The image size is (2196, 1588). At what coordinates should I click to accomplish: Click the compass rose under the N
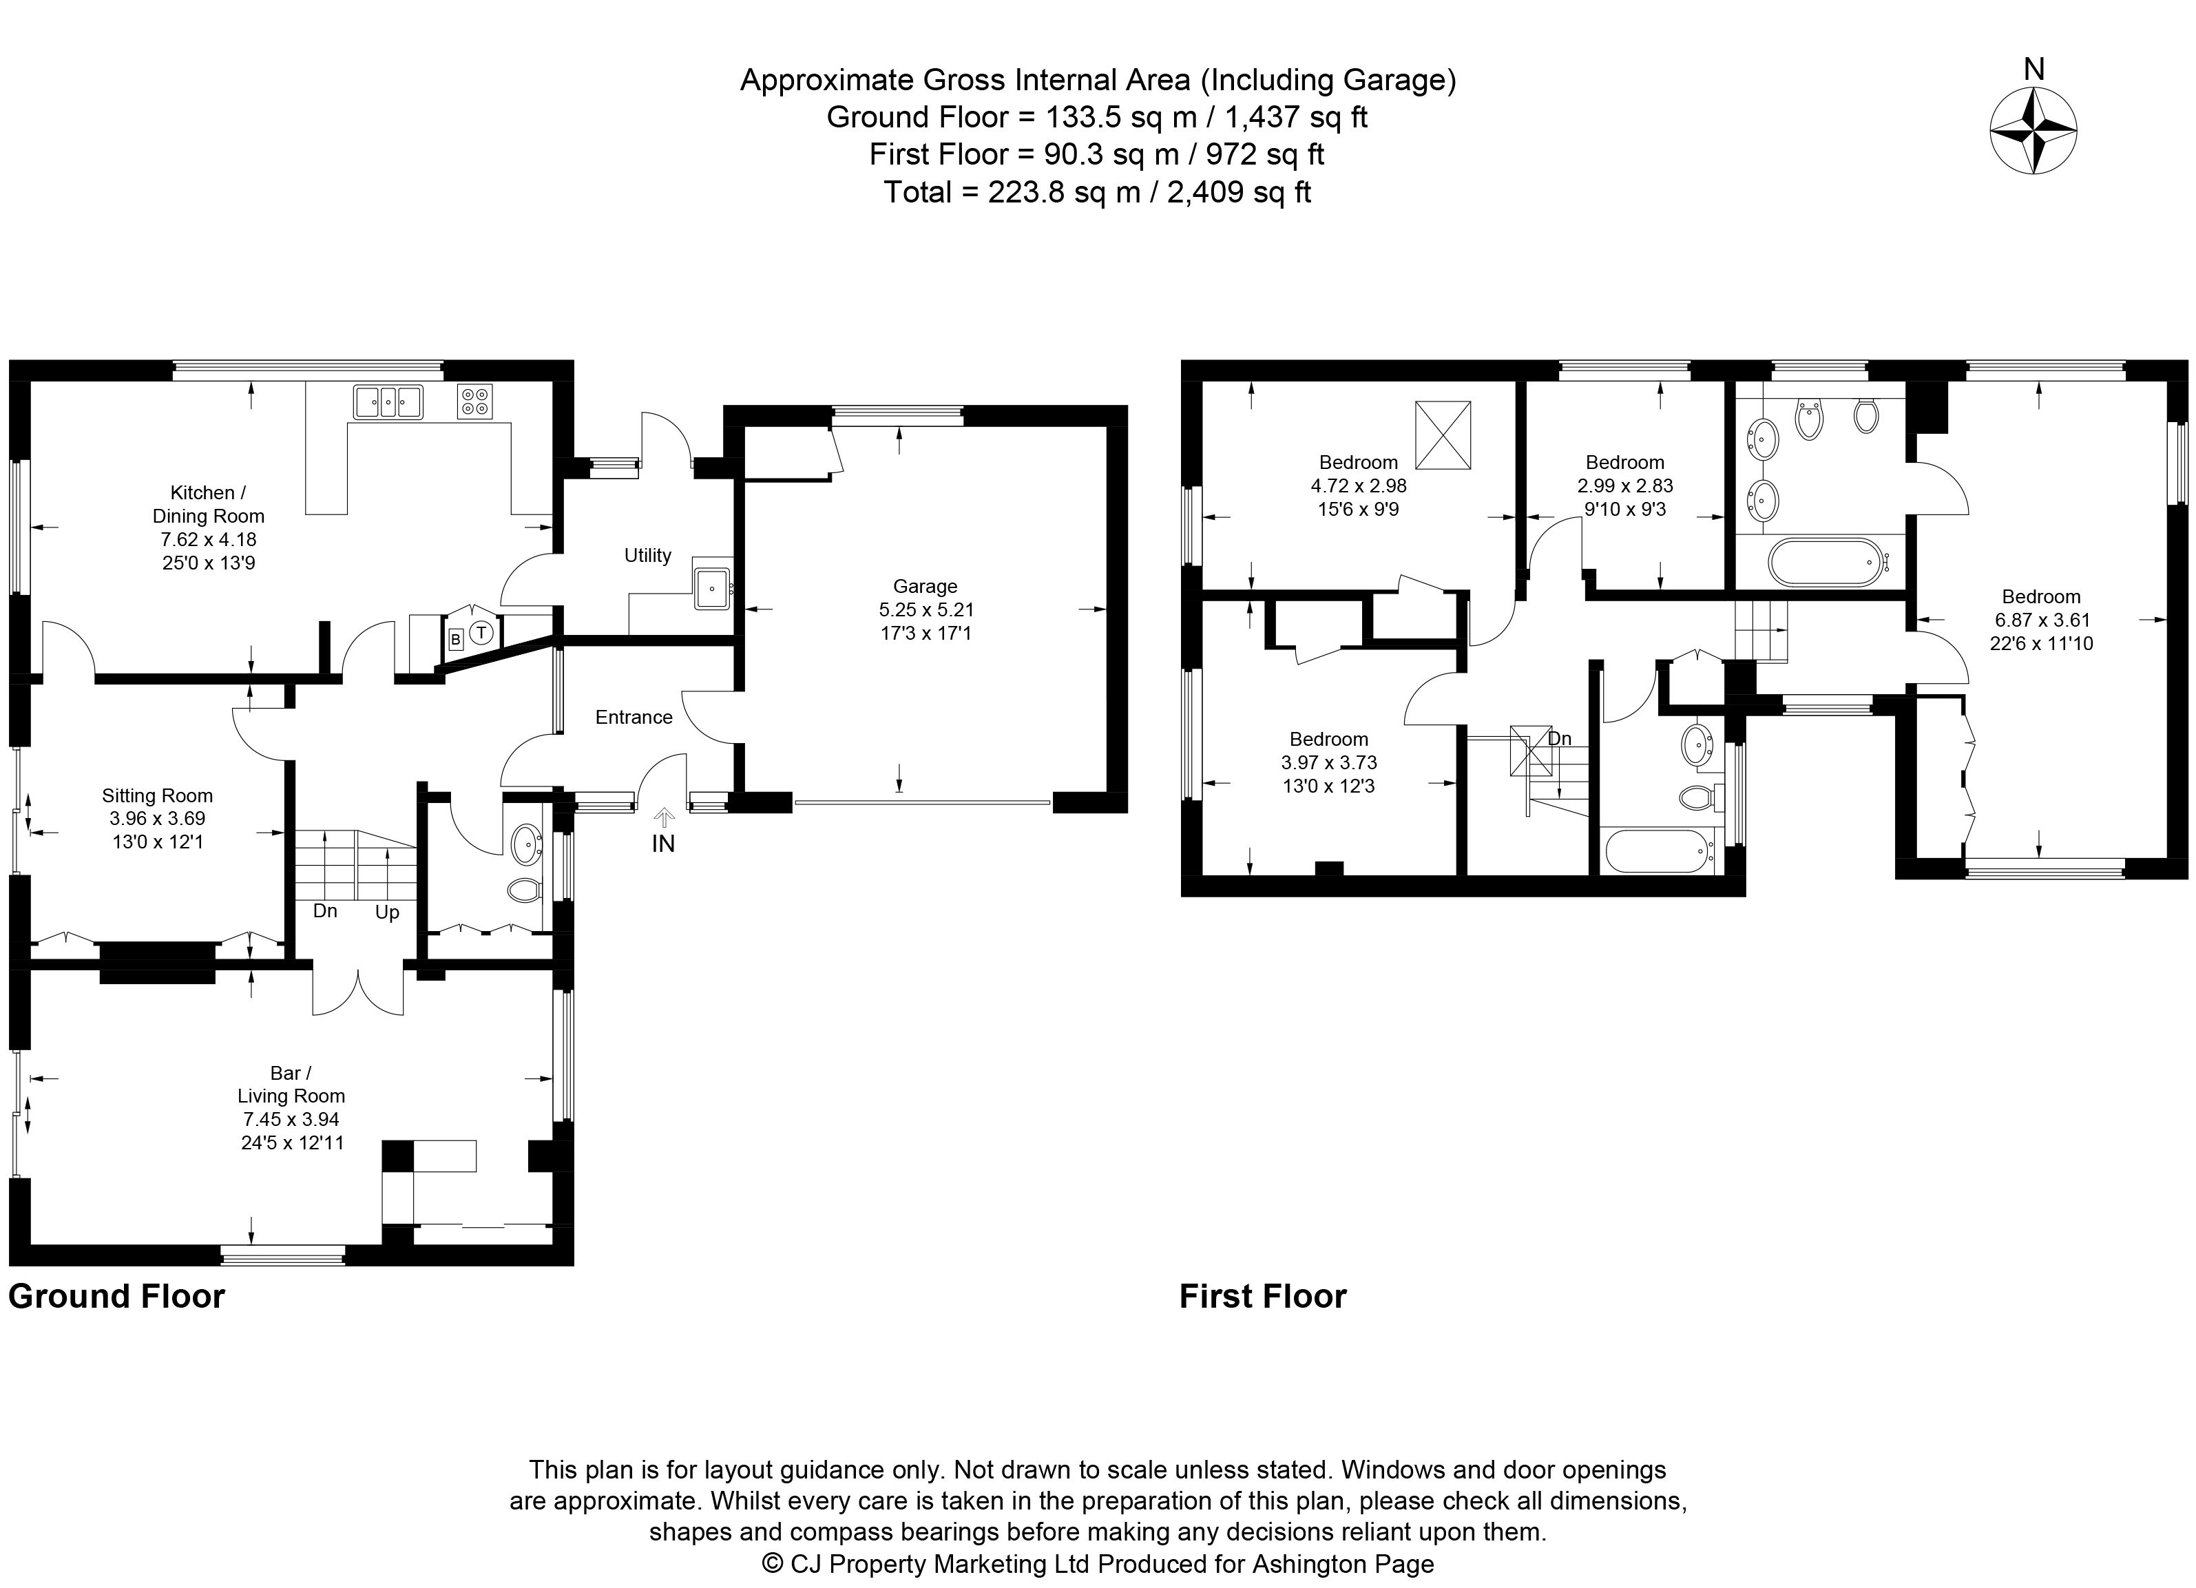point(2033,131)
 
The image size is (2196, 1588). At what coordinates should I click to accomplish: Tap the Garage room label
point(925,586)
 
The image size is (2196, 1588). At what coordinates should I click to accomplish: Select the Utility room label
point(648,555)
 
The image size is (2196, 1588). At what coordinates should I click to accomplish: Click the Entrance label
point(634,717)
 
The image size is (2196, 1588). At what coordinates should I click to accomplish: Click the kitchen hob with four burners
point(474,401)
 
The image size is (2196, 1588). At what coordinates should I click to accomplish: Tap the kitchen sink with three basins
point(387,401)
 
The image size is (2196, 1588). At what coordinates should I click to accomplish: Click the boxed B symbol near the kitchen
point(455,640)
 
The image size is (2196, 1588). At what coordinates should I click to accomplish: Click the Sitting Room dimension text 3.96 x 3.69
point(157,818)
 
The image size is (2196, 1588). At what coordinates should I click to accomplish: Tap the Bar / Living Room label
point(291,1085)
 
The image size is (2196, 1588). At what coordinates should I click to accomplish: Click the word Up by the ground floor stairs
point(387,912)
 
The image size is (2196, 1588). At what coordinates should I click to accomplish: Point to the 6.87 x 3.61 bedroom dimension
point(2041,620)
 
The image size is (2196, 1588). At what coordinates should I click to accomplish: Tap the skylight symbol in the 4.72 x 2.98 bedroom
point(1443,435)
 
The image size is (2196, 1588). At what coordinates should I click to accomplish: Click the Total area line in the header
point(1097,191)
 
